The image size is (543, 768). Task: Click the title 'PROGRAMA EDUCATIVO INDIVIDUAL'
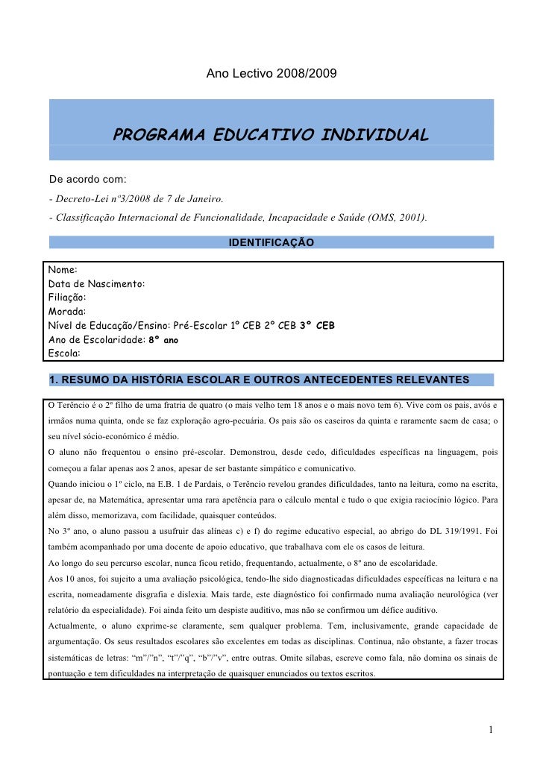pyautogui.click(x=271, y=136)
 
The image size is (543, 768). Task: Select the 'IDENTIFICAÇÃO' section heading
pyautogui.click(x=271, y=243)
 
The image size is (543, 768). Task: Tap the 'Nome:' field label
pyautogui.click(x=63, y=270)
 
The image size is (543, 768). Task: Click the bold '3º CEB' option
pyautogui.click(x=317, y=326)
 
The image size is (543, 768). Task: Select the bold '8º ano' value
pyautogui.click(x=163, y=339)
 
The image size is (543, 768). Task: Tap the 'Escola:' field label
pyautogui.click(x=64, y=353)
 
